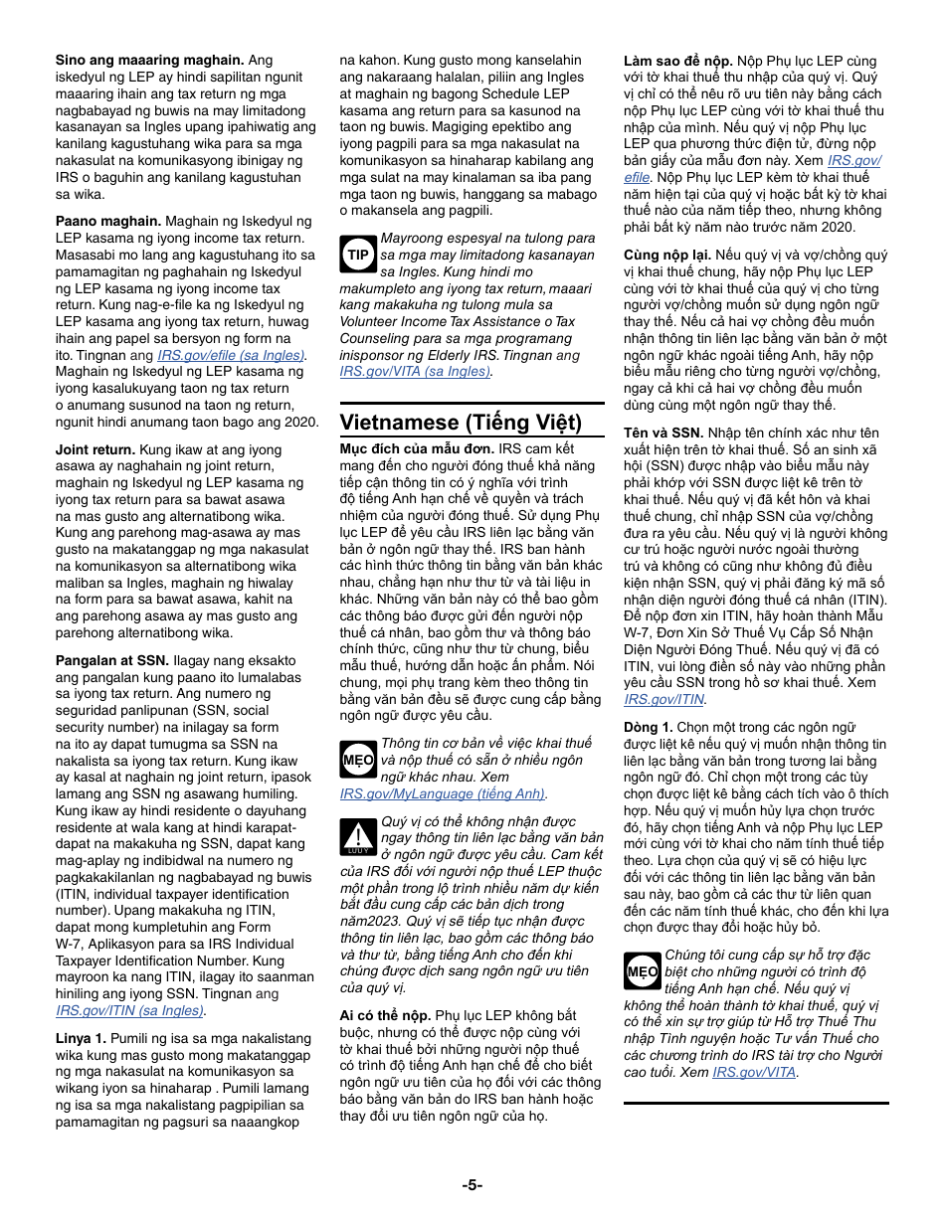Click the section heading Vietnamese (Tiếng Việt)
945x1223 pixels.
(461, 422)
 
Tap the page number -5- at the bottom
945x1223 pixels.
(472, 1184)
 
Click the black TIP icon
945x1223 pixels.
(358, 255)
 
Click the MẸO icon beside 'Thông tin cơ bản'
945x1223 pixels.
(357, 759)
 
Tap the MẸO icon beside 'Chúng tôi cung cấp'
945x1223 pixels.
(643, 971)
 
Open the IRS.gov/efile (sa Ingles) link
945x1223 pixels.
(232, 354)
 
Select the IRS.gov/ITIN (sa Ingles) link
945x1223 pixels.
(129, 1010)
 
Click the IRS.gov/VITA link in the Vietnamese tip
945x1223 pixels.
(755, 1072)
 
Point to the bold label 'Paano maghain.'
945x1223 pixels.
(107, 221)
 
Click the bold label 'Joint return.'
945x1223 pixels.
(94, 449)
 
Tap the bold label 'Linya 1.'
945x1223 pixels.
(81, 1037)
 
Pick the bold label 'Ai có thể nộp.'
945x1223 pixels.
(385, 1015)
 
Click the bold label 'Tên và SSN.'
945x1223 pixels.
(663, 433)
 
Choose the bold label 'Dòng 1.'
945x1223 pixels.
(649, 727)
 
